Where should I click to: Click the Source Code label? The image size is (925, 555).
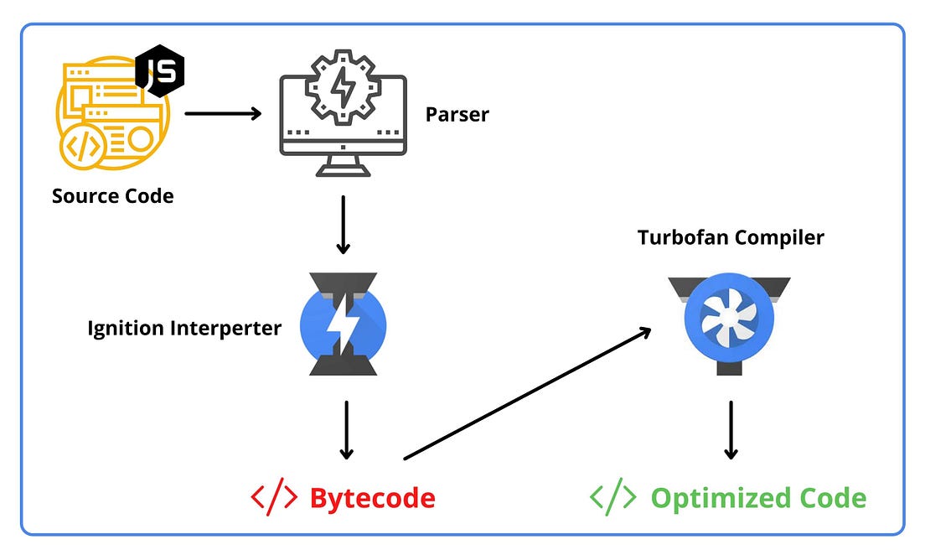[x=113, y=196]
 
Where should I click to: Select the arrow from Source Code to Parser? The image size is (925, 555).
[x=223, y=112]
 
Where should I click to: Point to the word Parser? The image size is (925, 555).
[x=457, y=114]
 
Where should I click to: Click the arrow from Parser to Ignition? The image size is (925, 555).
[x=343, y=225]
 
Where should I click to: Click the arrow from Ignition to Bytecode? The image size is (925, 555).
[x=346, y=429]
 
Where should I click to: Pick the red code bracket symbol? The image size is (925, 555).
[x=274, y=498]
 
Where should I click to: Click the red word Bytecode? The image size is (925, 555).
[x=372, y=498]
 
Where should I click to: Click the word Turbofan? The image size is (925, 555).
[x=683, y=237]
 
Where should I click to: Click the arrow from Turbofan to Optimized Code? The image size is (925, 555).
[x=731, y=429]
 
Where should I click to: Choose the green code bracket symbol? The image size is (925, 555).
[x=613, y=498]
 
